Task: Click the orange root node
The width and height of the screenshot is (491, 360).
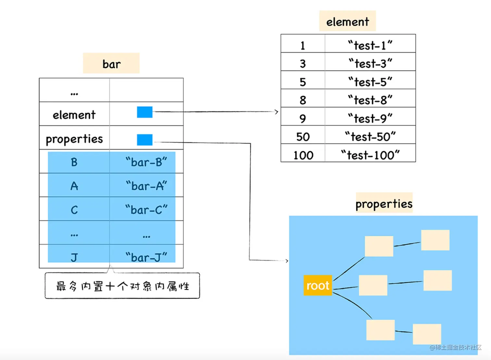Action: [318, 285]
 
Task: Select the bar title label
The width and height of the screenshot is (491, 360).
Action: [111, 63]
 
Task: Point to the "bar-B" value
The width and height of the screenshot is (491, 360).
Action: [146, 162]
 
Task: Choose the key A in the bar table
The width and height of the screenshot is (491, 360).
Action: [74, 186]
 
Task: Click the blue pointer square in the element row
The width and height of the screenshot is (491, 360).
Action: [145, 112]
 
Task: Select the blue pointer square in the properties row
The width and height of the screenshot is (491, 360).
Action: [145, 140]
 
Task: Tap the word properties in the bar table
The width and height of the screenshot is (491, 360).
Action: [74, 139]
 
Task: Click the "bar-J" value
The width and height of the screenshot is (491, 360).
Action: [146, 257]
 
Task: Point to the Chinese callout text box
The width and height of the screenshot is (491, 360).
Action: [122, 286]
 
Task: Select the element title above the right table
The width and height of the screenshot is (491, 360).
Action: [348, 21]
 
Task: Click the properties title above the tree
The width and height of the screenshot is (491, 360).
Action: [384, 203]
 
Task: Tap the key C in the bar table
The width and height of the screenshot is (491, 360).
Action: [74, 210]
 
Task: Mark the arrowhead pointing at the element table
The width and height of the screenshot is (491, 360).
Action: [277, 112]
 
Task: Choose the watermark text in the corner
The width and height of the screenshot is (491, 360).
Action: [455, 348]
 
